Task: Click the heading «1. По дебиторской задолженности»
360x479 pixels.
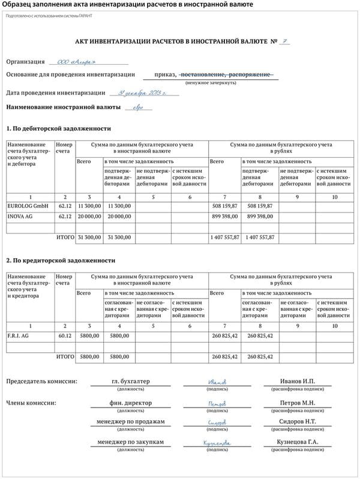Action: (x=59, y=128)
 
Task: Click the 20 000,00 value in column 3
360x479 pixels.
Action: (x=88, y=216)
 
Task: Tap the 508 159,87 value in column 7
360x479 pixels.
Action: (x=226, y=206)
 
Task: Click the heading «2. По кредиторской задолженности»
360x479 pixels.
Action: (x=61, y=261)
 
